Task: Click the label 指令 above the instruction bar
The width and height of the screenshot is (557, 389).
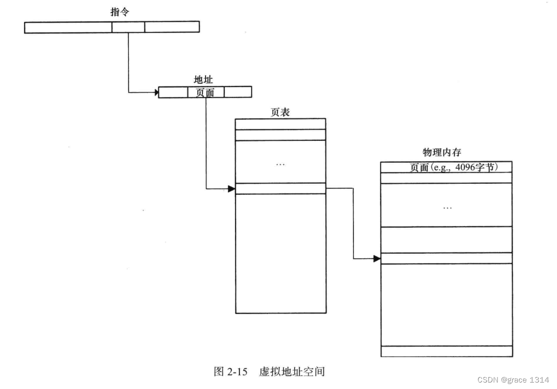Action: [x=119, y=12]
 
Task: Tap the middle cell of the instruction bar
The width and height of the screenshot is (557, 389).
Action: [x=128, y=27]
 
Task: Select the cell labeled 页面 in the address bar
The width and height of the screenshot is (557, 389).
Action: [x=205, y=92]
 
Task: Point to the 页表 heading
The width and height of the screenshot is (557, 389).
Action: [x=280, y=112]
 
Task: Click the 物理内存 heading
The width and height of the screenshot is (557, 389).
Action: [x=441, y=153]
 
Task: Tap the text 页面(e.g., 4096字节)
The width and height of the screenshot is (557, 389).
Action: [x=453, y=167]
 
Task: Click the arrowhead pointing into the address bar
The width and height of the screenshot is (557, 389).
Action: [x=155, y=92]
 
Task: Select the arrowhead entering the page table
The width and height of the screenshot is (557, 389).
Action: [x=231, y=189]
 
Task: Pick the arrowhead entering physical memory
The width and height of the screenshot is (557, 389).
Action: [x=377, y=259]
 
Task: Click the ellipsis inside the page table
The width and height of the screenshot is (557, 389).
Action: [x=280, y=165]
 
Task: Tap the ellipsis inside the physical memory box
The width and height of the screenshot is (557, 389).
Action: [x=447, y=208]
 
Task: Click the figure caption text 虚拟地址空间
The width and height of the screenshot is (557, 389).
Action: [x=292, y=372]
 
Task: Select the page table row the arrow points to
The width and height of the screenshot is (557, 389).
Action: [x=280, y=189]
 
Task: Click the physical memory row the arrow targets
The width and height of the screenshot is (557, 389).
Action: [x=446, y=258]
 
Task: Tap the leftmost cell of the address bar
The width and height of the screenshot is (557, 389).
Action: [x=173, y=92]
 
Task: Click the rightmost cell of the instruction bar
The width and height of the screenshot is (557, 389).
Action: [x=172, y=27]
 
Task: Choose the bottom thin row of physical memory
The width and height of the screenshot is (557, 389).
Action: [x=446, y=351]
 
